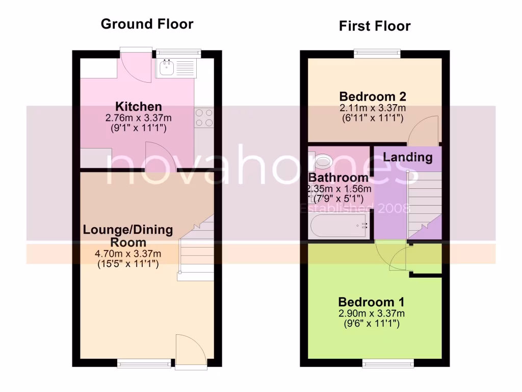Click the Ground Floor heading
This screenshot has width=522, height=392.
pyautogui.click(x=147, y=24)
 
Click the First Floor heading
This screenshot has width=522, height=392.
pyautogui.click(x=375, y=26)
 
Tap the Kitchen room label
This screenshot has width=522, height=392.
pyautogui.click(x=139, y=107)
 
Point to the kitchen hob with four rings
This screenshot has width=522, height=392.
pyautogui.click(x=204, y=118)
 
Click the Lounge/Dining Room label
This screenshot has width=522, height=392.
pyautogui.click(x=127, y=236)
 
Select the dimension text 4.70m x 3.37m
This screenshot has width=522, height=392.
pyautogui.click(x=128, y=254)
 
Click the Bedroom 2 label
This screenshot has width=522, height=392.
pyautogui.click(x=373, y=96)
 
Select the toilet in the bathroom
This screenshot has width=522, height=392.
pyautogui.click(x=322, y=161)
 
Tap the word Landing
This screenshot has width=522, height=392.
pyautogui.click(x=407, y=157)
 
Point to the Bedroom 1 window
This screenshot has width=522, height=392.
pyautogui.click(x=388, y=362)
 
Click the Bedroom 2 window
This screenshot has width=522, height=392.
pyautogui.click(x=377, y=53)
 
